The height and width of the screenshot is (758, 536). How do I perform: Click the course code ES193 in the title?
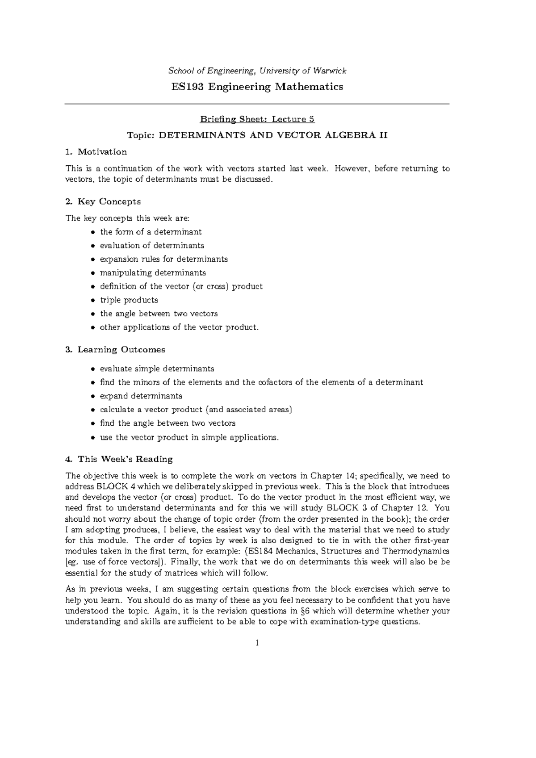(x=186, y=87)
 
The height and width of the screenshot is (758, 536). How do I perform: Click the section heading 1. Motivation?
(x=96, y=152)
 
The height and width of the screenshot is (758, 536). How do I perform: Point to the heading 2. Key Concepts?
(x=103, y=201)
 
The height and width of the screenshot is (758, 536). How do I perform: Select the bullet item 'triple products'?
(x=129, y=300)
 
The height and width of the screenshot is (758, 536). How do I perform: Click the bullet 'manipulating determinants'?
(x=153, y=272)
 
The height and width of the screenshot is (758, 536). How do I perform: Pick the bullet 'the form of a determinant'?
(x=151, y=232)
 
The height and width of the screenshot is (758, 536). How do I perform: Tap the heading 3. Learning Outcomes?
(x=115, y=350)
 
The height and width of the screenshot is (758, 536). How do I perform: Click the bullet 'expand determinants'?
(x=141, y=396)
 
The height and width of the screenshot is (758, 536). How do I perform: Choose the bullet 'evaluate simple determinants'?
(x=157, y=369)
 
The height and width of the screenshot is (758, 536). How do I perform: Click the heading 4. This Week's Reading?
(x=119, y=459)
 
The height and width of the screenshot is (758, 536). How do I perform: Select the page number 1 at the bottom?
(x=257, y=644)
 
